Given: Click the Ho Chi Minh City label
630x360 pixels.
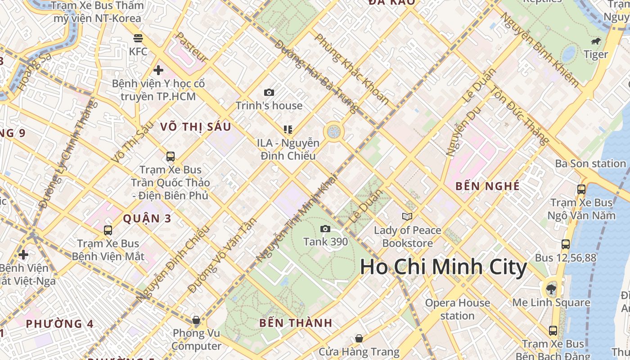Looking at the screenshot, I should coord(443,267).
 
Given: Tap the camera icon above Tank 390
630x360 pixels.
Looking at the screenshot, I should coord(325,229).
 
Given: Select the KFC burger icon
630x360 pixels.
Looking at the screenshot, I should coord(138,38).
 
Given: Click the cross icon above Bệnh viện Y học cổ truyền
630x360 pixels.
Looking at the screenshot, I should coord(158,70).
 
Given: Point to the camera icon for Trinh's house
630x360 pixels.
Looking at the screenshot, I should coord(269,93).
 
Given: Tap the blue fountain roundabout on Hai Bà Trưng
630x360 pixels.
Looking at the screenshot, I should coord(333,132).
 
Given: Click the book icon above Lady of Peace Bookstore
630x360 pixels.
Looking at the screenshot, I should coord(407,217).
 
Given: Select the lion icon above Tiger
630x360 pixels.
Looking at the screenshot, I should coord(596,42).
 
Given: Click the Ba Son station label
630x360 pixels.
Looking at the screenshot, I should coord(590,163).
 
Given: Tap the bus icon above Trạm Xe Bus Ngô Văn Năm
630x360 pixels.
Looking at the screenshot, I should coord(581,189).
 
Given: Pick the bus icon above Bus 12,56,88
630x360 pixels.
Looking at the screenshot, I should coord(566,244).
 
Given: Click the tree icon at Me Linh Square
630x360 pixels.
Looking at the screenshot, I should coord(551,289).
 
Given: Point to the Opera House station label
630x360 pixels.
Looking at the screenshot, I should coord(457,309).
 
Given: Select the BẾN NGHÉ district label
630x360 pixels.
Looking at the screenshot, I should coord(487,186).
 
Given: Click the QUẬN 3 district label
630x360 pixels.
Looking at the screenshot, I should coord(147,219).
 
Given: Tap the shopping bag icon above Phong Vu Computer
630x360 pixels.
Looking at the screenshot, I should coord(196,320).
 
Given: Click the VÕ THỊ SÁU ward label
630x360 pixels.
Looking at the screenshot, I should coord(196,127).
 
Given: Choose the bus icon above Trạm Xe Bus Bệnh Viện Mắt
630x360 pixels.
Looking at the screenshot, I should coord(108,230).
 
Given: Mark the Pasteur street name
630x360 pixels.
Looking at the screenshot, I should coord(192,47).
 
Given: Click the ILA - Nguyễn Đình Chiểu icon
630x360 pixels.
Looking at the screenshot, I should coord(288,130).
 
